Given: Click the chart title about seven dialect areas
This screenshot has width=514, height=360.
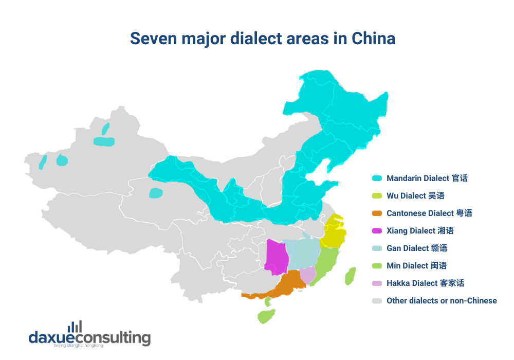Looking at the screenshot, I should point(262,39).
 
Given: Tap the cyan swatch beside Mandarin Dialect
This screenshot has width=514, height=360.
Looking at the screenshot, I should point(377,178).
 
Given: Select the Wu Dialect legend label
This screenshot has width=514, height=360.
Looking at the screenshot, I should point(415,196).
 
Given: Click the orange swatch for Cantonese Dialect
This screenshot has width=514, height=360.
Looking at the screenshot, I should point(377,213).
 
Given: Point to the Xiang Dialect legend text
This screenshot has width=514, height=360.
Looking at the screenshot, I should point(420,231).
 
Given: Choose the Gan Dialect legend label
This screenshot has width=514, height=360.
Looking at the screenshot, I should point(417,248).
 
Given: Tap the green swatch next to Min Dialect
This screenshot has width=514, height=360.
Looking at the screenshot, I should point(377,266).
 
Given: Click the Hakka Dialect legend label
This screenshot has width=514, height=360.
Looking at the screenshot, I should point(425,283).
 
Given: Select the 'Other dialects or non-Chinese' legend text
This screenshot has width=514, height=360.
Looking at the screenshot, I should point(442,301).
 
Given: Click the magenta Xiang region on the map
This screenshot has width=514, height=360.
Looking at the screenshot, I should point(276,257).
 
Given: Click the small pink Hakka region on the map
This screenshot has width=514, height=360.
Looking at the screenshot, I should point(307,276).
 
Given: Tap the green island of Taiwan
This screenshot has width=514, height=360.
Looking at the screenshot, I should point(351,276).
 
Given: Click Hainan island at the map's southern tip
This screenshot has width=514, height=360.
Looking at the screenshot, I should point(266,316).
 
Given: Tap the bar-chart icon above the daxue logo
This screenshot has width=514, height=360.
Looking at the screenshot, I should point(75,326).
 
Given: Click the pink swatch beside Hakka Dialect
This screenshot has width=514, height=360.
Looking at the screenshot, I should point(377,283).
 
